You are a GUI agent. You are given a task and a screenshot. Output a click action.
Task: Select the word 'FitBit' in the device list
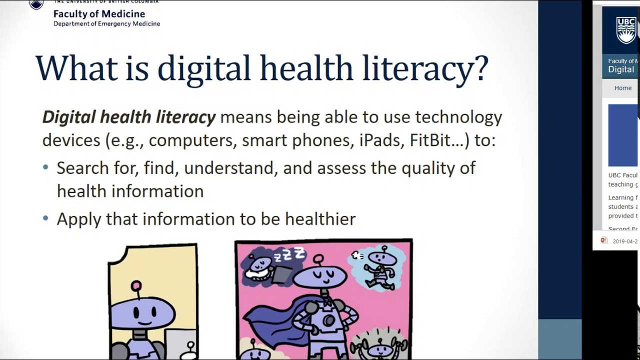[x=430, y=140]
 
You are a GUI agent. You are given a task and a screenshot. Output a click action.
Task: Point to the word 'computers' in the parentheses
[x=192, y=140]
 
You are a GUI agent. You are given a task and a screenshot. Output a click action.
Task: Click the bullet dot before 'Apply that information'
[x=46, y=218]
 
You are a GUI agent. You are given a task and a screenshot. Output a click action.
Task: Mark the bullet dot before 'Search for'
[x=46, y=167]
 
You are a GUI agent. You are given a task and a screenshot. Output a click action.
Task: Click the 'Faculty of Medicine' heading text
[x=99, y=14]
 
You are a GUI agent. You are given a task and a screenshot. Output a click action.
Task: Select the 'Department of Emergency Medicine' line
[x=106, y=23]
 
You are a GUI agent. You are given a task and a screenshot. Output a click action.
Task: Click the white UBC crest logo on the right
[x=625, y=30]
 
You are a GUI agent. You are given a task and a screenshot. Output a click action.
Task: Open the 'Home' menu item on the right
[x=623, y=88]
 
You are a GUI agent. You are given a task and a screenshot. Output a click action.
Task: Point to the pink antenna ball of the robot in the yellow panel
[x=136, y=286]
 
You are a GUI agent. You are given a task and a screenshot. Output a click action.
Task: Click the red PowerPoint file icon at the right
[x=604, y=240]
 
